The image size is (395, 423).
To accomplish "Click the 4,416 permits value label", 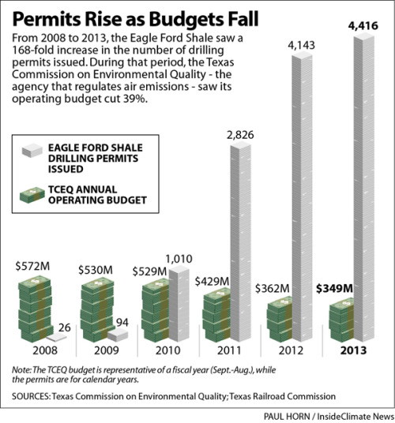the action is pyautogui.click(x=363, y=26).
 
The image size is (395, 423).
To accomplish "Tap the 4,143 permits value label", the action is pyautogui.click(x=301, y=45).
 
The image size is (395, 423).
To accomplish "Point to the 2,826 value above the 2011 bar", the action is pyautogui.click(x=240, y=135).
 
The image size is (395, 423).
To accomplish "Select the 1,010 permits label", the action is pyautogui.click(x=179, y=259).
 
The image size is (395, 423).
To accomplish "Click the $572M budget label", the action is pyautogui.click(x=32, y=266).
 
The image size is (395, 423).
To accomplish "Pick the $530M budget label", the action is pyautogui.click(x=96, y=270).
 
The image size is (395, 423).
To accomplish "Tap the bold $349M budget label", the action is pyautogui.click(x=334, y=289).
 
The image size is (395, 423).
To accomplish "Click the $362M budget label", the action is pyautogui.click(x=272, y=289).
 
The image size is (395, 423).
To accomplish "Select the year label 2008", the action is pyautogui.click(x=45, y=350).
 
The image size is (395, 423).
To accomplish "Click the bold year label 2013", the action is pyautogui.click(x=353, y=350).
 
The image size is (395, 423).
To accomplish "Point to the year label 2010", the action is pyautogui.click(x=168, y=350).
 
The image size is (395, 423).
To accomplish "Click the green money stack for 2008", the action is pyautogui.click(x=35, y=309).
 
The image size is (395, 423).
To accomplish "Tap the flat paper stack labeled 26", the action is pyautogui.click(x=56, y=337).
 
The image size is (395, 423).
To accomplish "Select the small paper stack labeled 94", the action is pyautogui.click(x=118, y=335).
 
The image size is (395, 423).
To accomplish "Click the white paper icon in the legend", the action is pyautogui.click(x=32, y=150).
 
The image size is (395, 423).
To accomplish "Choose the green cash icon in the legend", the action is pyautogui.click(x=32, y=195).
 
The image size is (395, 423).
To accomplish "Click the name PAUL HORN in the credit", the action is pyautogui.click(x=287, y=416).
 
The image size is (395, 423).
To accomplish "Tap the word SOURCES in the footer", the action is pyautogui.click(x=31, y=396).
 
